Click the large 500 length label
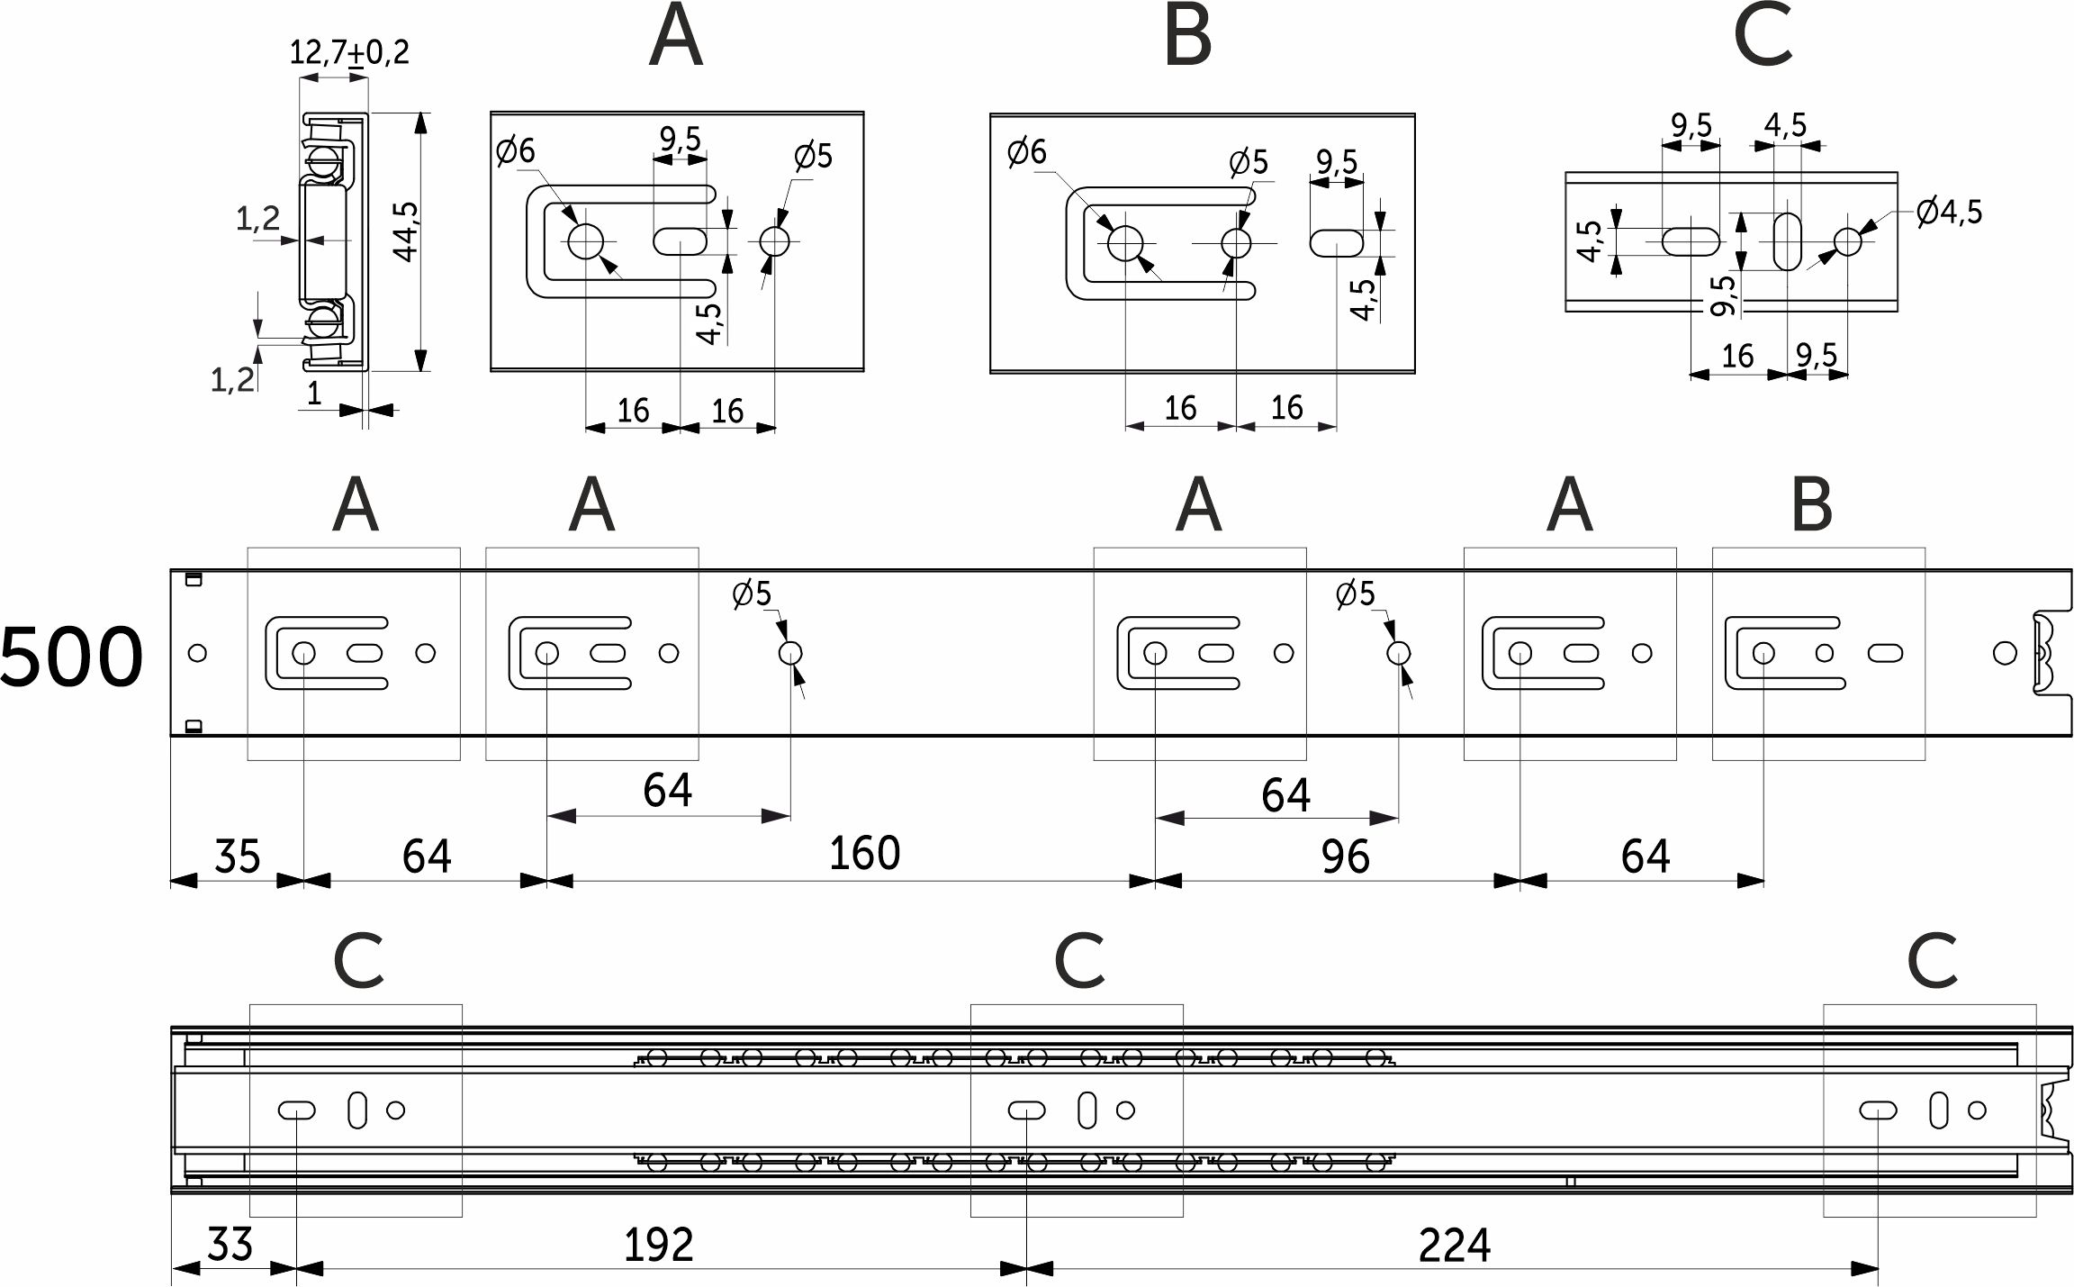tap(71, 657)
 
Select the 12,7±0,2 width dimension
tap(349, 51)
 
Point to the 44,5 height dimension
tap(405, 231)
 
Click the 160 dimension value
tap(864, 853)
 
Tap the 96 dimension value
tap(1345, 856)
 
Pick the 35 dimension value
tap(238, 856)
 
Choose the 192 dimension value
tap(658, 1246)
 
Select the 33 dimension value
tap(230, 1245)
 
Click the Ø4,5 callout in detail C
tap(1949, 213)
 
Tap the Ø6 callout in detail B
tap(1027, 151)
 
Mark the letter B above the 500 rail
tap(1812, 505)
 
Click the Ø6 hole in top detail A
tap(585, 240)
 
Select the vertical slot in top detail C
tap(1788, 240)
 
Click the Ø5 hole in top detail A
tap(774, 241)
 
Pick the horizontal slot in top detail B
tap(1337, 242)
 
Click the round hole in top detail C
tap(1848, 241)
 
